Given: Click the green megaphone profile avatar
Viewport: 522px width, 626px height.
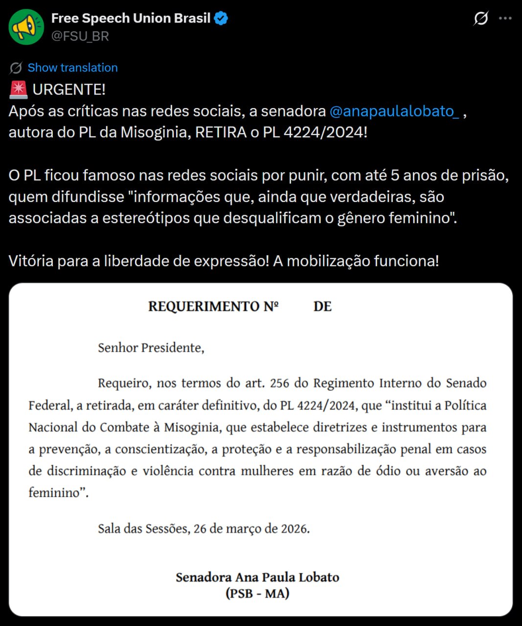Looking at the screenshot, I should [26, 27].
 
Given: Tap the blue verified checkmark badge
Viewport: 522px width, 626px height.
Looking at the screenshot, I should [221, 19].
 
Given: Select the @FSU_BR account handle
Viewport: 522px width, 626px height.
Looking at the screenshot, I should [80, 36].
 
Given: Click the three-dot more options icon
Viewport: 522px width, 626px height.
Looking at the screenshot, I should [505, 19].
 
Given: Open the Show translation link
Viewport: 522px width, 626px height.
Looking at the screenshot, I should [72, 67].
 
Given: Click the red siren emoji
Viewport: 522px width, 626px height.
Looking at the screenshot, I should [19, 89].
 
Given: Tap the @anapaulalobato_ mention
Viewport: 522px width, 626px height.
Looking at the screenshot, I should [394, 111].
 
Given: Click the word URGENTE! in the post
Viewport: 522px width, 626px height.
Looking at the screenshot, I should [69, 89].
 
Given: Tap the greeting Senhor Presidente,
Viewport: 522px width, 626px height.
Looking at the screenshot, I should [151, 348].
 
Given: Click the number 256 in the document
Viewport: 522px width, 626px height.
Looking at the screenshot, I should [279, 383].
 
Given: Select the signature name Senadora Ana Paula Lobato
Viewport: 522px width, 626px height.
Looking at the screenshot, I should [257, 577].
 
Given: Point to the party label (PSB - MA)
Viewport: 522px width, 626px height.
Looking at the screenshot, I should [257, 594].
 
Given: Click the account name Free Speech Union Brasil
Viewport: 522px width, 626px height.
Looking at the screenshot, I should [131, 19].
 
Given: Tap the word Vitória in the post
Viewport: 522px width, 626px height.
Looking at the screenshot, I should [30, 261].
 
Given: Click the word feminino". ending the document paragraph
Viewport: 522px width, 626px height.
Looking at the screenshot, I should [58, 492].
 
